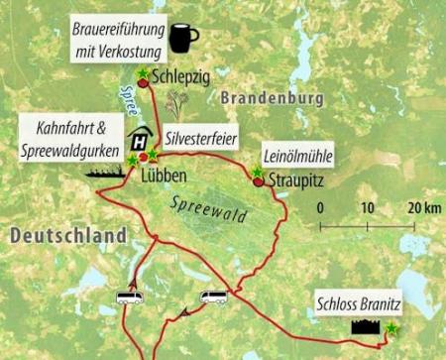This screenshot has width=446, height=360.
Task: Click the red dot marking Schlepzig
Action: coord(143,84)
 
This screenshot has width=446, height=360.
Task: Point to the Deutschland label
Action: coord(65,236)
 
